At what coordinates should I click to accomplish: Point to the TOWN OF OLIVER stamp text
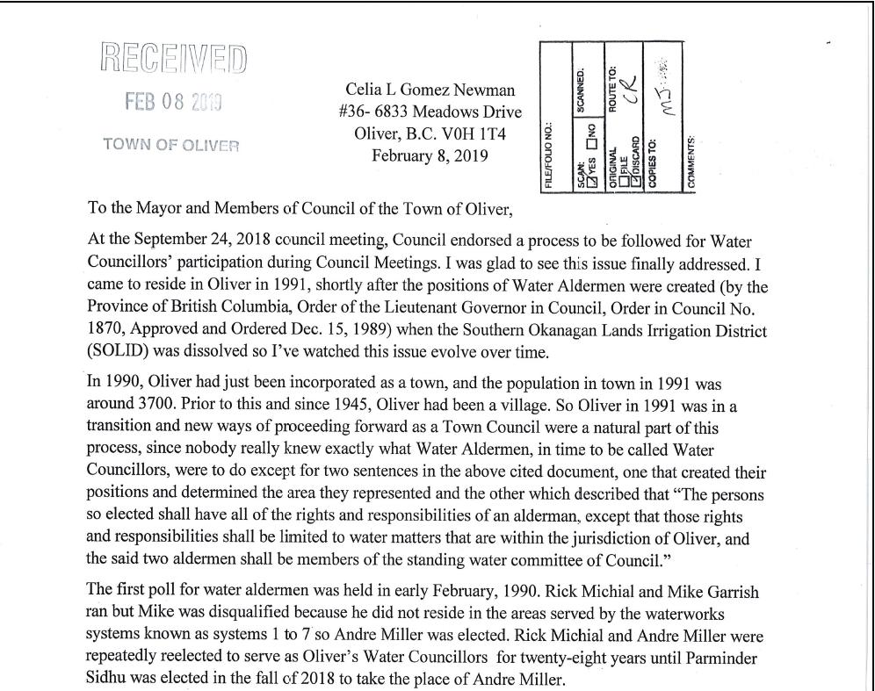coord(170,145)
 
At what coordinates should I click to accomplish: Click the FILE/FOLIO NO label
coord(549,155)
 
